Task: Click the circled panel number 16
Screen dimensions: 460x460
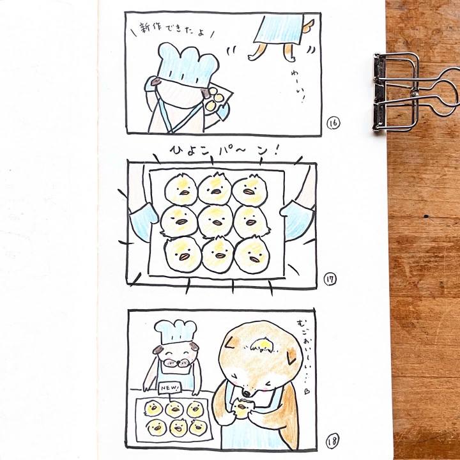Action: (333, 123)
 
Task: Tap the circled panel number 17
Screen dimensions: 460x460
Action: (330, 279)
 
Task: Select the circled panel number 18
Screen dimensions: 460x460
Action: (332, 441)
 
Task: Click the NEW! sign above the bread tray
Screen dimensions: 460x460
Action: (169, 388)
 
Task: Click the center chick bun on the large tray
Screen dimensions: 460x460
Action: (216, 220)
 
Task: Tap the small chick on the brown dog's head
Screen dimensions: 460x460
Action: (261, 344)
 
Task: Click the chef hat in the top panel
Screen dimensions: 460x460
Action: (188, 65)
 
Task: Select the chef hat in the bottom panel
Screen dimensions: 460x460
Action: (176, 332)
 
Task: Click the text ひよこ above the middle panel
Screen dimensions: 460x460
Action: (187, 151)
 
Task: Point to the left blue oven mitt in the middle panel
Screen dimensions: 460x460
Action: (143, 220)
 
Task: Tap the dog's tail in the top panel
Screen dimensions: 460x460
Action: (309, 26)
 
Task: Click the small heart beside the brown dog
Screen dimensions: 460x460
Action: (307, 391)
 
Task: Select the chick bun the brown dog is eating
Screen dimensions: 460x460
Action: (241, 408)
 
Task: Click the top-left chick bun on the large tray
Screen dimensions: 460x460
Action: (181, 189)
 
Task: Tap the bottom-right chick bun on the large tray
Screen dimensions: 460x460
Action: (252, 255)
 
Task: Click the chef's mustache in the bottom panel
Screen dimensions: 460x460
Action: (176, 363)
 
